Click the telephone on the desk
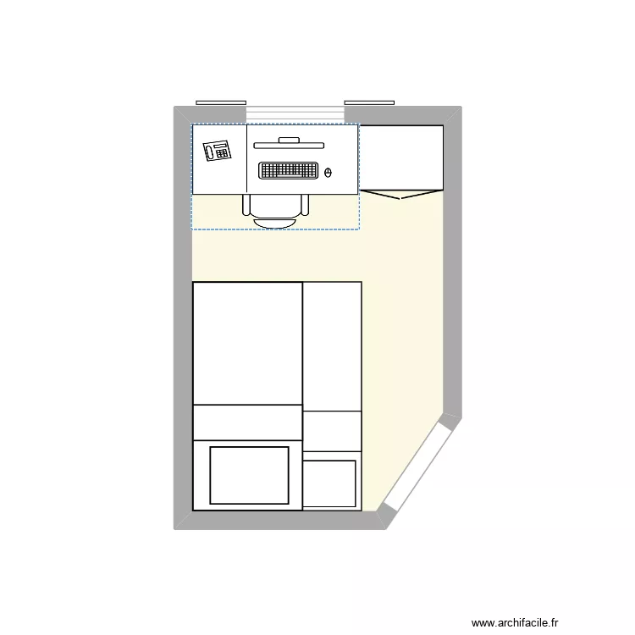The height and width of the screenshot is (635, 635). [218, 152]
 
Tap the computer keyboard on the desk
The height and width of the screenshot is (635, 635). [288, 171]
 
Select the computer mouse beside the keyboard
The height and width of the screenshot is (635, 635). [329, 174]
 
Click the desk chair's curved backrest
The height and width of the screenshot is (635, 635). [276, 223]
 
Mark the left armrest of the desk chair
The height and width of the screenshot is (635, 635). [246, 205]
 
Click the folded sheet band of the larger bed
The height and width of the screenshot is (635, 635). [248, 422]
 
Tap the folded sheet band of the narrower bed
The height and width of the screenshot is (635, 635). [332, 431]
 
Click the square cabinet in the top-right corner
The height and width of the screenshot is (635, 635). [401, 157]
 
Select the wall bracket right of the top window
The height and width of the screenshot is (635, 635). [369, 102]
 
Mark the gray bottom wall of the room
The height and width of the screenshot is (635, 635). [279, 520]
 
